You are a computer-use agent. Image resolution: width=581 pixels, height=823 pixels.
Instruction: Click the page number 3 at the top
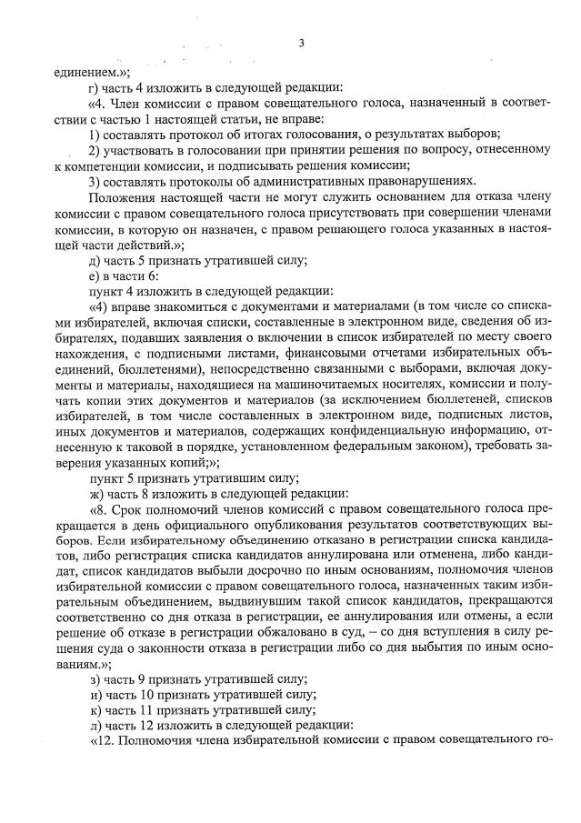[301, 43]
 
